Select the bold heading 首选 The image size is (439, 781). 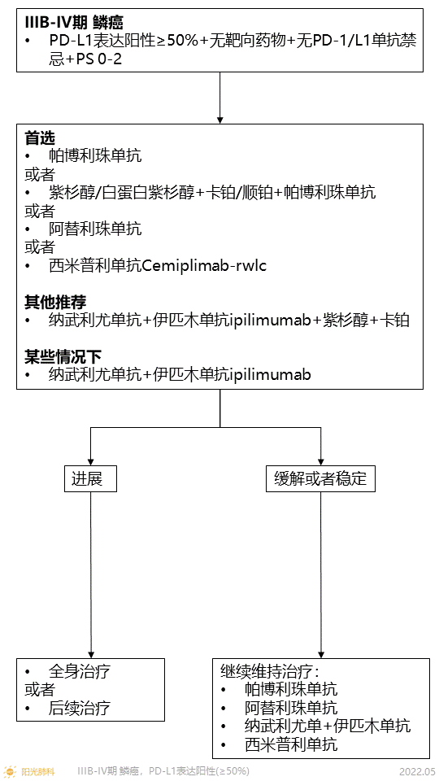click(41, 137)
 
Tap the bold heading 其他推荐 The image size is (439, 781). click(55, 302)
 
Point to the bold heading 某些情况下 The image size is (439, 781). click(63, 356)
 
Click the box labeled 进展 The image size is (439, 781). click(90, 478)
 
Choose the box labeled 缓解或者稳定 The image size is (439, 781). click(320, 478)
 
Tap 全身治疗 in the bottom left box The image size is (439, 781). click(80, 671)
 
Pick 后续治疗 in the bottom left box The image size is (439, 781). click(80, 708)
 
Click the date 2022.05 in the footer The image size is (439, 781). click(417, 770)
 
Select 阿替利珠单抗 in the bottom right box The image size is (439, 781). click(290, 708)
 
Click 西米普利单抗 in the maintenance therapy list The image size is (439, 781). click(290, 744)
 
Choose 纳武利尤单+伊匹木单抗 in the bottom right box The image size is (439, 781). click(327, 726)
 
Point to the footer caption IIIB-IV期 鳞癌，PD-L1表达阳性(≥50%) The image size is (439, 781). click(163, 770)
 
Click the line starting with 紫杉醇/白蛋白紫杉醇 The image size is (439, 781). click(211, 192)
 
